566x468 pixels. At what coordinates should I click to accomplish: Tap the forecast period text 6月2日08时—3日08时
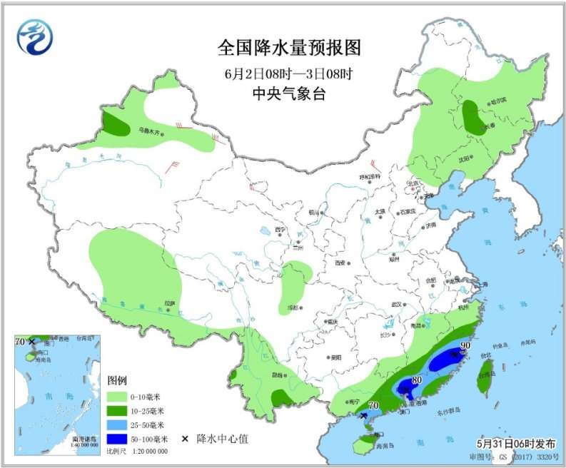coord(289,73)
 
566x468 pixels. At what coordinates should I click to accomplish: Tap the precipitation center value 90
coord(466,347)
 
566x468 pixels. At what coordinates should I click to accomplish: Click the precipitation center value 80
coord(417,380)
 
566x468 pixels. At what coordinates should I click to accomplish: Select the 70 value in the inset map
coord(20,342)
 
